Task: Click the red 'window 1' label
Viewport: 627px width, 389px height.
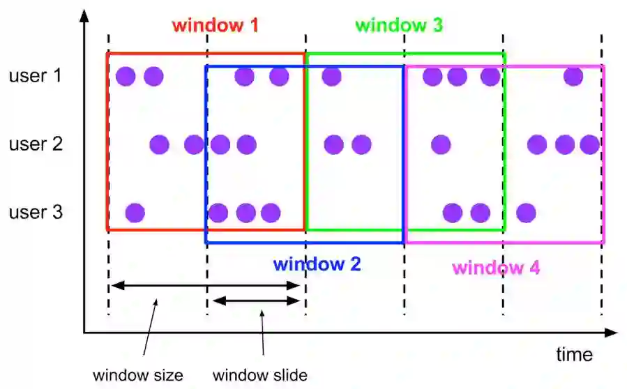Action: (215, 26)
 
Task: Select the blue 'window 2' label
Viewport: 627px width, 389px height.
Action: (317, 264)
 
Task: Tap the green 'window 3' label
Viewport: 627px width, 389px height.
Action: (399, 26)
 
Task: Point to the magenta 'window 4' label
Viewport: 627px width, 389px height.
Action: (495, 268)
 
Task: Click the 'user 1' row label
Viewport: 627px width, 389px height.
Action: (36, 75)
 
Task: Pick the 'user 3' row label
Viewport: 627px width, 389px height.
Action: (36, 212)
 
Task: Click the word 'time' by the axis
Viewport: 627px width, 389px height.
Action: (574, 354)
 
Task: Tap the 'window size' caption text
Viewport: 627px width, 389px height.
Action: (138, 375)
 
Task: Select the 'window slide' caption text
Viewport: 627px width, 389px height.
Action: (260, 375)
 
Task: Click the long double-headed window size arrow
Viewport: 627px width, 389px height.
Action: (206, 285)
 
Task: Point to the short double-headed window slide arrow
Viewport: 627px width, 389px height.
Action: (257, 300)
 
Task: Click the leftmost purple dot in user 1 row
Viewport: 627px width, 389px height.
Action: (126, 76)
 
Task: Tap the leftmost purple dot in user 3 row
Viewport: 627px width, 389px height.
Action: (135, 212)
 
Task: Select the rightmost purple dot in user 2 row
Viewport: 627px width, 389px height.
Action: (589, 145)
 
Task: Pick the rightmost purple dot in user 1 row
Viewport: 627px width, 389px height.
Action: (573, 76)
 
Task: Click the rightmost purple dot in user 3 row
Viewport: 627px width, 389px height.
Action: (526, 212)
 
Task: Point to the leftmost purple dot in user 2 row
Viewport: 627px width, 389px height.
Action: (159, 145)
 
